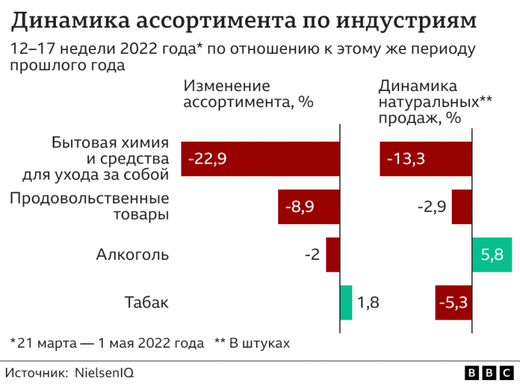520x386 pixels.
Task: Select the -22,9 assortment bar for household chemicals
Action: [260, 159]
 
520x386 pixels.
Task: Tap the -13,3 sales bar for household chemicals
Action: [426, 159]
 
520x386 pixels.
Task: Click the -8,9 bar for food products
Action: [309, 207]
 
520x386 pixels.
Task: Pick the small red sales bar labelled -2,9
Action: [461, 207]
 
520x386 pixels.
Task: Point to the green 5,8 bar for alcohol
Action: [492, 254]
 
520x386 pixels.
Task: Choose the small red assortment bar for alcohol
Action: [333, 254]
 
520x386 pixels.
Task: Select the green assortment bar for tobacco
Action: [346, 302]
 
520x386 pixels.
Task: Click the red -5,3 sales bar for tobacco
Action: [453, 302]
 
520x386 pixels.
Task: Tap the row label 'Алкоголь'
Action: [133, 254]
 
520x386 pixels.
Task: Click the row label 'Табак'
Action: [146, 302]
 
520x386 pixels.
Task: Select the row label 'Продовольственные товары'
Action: [89, 206]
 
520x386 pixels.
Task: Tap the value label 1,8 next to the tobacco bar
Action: [368, 302]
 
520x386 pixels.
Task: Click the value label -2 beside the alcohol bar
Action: [312, 254]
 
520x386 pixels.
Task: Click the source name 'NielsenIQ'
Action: [105, 373]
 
